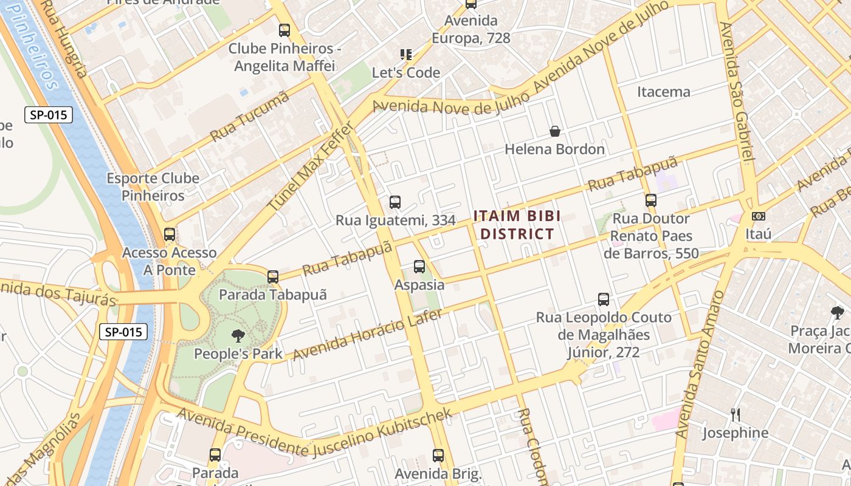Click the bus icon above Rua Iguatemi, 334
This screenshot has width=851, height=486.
pyautogui.click(x=395, y=202)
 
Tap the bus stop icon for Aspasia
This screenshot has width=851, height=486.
pyautogui.click(x=419, y=266)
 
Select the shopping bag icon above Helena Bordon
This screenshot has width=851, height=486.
pyautogui.click(x=554, y=131)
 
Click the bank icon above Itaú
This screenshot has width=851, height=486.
pyautogui.click(x=758, y=216)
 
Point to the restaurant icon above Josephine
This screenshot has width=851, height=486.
pyautogui.click(x=735, y=415)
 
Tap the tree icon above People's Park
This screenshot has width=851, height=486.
pyautogui.click(x=238, y=335)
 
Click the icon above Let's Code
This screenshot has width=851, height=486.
pyautogui.click(x=405, y=55)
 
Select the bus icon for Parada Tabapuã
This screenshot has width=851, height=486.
pyautogui.click(x=273, y=277)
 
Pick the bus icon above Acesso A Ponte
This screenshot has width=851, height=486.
pyautogui.click(x=170, y=234)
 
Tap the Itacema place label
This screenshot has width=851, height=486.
pyautogui.click(x=663, y=92)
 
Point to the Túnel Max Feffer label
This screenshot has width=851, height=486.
pyautogui.click(x=311, y=167)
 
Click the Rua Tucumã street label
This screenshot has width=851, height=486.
pyautogui.click(x=250, y=117)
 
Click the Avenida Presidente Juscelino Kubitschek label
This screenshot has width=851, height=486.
pyautogui.click(x=314, y=434)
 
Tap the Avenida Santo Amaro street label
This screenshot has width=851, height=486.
pyautogui.click(x=699, y=364)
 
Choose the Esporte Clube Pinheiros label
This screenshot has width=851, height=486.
pyautogui.click(x=153, y=187)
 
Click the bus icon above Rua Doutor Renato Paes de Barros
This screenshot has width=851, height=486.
pyautogui.click(x=651, y=200)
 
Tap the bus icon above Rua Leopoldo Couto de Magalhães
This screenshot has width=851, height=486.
pyautogui.click(x=603, y=299)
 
